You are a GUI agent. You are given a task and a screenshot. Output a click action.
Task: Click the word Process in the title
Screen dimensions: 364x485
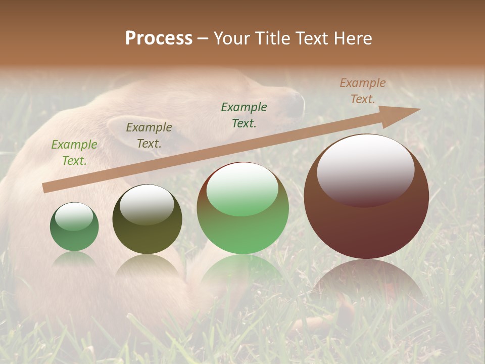click(x=159, y=38)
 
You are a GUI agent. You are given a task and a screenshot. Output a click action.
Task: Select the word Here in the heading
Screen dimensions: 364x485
click(x=353, y=38)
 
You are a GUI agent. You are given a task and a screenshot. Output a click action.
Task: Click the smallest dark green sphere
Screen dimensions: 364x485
click(x=74, y=227)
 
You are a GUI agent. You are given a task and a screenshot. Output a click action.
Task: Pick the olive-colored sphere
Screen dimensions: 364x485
click(x=147, y=219)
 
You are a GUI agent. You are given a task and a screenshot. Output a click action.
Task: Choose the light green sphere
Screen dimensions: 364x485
click(x=243, y=208)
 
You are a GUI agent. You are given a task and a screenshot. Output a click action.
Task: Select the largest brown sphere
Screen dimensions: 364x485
click(x=366, y=197)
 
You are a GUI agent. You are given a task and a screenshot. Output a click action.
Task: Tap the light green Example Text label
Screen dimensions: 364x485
click(x=74, y=153)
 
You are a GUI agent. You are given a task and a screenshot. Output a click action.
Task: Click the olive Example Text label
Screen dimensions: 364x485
click(x=149, y=135)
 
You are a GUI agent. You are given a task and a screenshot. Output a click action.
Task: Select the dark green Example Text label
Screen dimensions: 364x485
click(x=244, y=115)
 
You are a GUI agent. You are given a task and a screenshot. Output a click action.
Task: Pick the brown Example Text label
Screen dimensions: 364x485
click(x=363, y=91)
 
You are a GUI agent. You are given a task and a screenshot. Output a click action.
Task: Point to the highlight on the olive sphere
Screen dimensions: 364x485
click(x=147, y=204)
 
